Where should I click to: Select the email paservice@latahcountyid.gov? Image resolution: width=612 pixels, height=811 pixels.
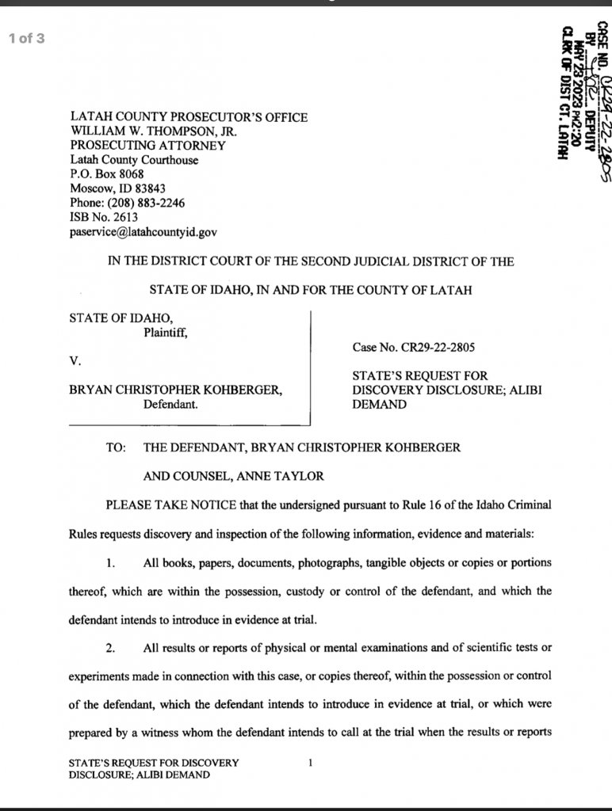click(143, 232)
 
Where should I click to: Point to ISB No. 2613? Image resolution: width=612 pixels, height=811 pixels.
click(104, 218)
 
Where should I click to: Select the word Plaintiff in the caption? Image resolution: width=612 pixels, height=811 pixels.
click(165, 333)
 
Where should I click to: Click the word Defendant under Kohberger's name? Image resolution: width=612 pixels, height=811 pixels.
click(170, 405)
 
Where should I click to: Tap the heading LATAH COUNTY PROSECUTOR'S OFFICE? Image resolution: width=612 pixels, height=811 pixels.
click(189, 117)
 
